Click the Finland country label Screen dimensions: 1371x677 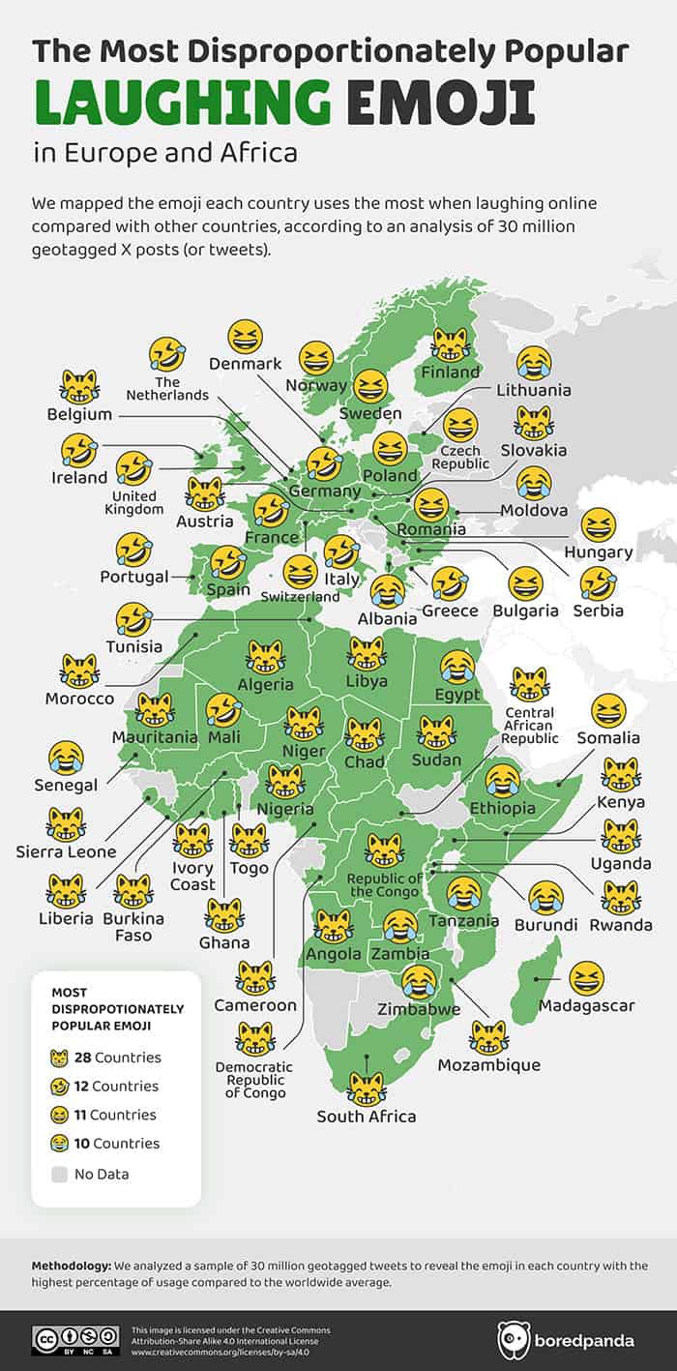click(450, 372)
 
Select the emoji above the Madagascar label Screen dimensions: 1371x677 click(587, 978)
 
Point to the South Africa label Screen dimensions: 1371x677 click(367, 1116)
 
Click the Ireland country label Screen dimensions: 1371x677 click(79, 477)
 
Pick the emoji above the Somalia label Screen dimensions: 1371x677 click(608, 711)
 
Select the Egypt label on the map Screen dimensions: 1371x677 click(457, 694)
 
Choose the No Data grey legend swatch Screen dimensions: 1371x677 click(60, 1174)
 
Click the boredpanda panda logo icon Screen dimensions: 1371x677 click(514, 1340)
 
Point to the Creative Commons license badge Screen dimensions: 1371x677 click(75, 1340)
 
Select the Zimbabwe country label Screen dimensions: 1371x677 click(419, 1009)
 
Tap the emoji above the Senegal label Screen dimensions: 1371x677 click(65, 758)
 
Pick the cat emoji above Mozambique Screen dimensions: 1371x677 click(488, 1037)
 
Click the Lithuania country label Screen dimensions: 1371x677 click(534, 390)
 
